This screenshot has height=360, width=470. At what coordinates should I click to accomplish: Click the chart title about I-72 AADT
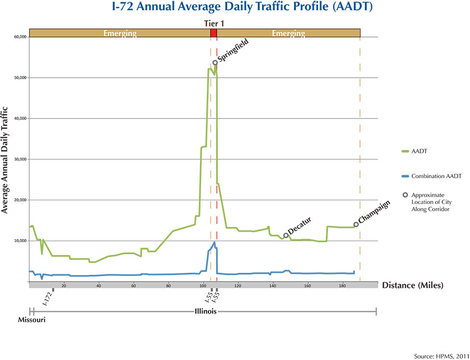(235, 8)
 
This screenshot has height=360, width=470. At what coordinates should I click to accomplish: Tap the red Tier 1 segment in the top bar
(213, 33)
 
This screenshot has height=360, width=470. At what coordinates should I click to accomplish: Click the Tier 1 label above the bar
(214, 23)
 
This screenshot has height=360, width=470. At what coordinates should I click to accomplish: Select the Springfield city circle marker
(215, 63)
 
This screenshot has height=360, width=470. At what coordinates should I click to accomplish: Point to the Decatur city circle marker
(286, 235)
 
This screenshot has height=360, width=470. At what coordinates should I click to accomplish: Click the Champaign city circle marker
(356, 224)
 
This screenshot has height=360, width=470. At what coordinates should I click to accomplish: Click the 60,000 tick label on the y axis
(20, 37)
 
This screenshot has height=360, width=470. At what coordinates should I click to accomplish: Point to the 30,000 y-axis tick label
(20, 159)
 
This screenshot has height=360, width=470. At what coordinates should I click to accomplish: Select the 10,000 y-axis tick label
(20, 241)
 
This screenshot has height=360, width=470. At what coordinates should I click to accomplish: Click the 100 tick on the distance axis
(203, 285)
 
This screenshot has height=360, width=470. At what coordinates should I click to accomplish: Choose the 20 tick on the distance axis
(64, 285)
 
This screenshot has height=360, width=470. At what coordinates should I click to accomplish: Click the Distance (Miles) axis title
(413, 285)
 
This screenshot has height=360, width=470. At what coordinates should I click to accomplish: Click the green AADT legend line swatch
(408, 151)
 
